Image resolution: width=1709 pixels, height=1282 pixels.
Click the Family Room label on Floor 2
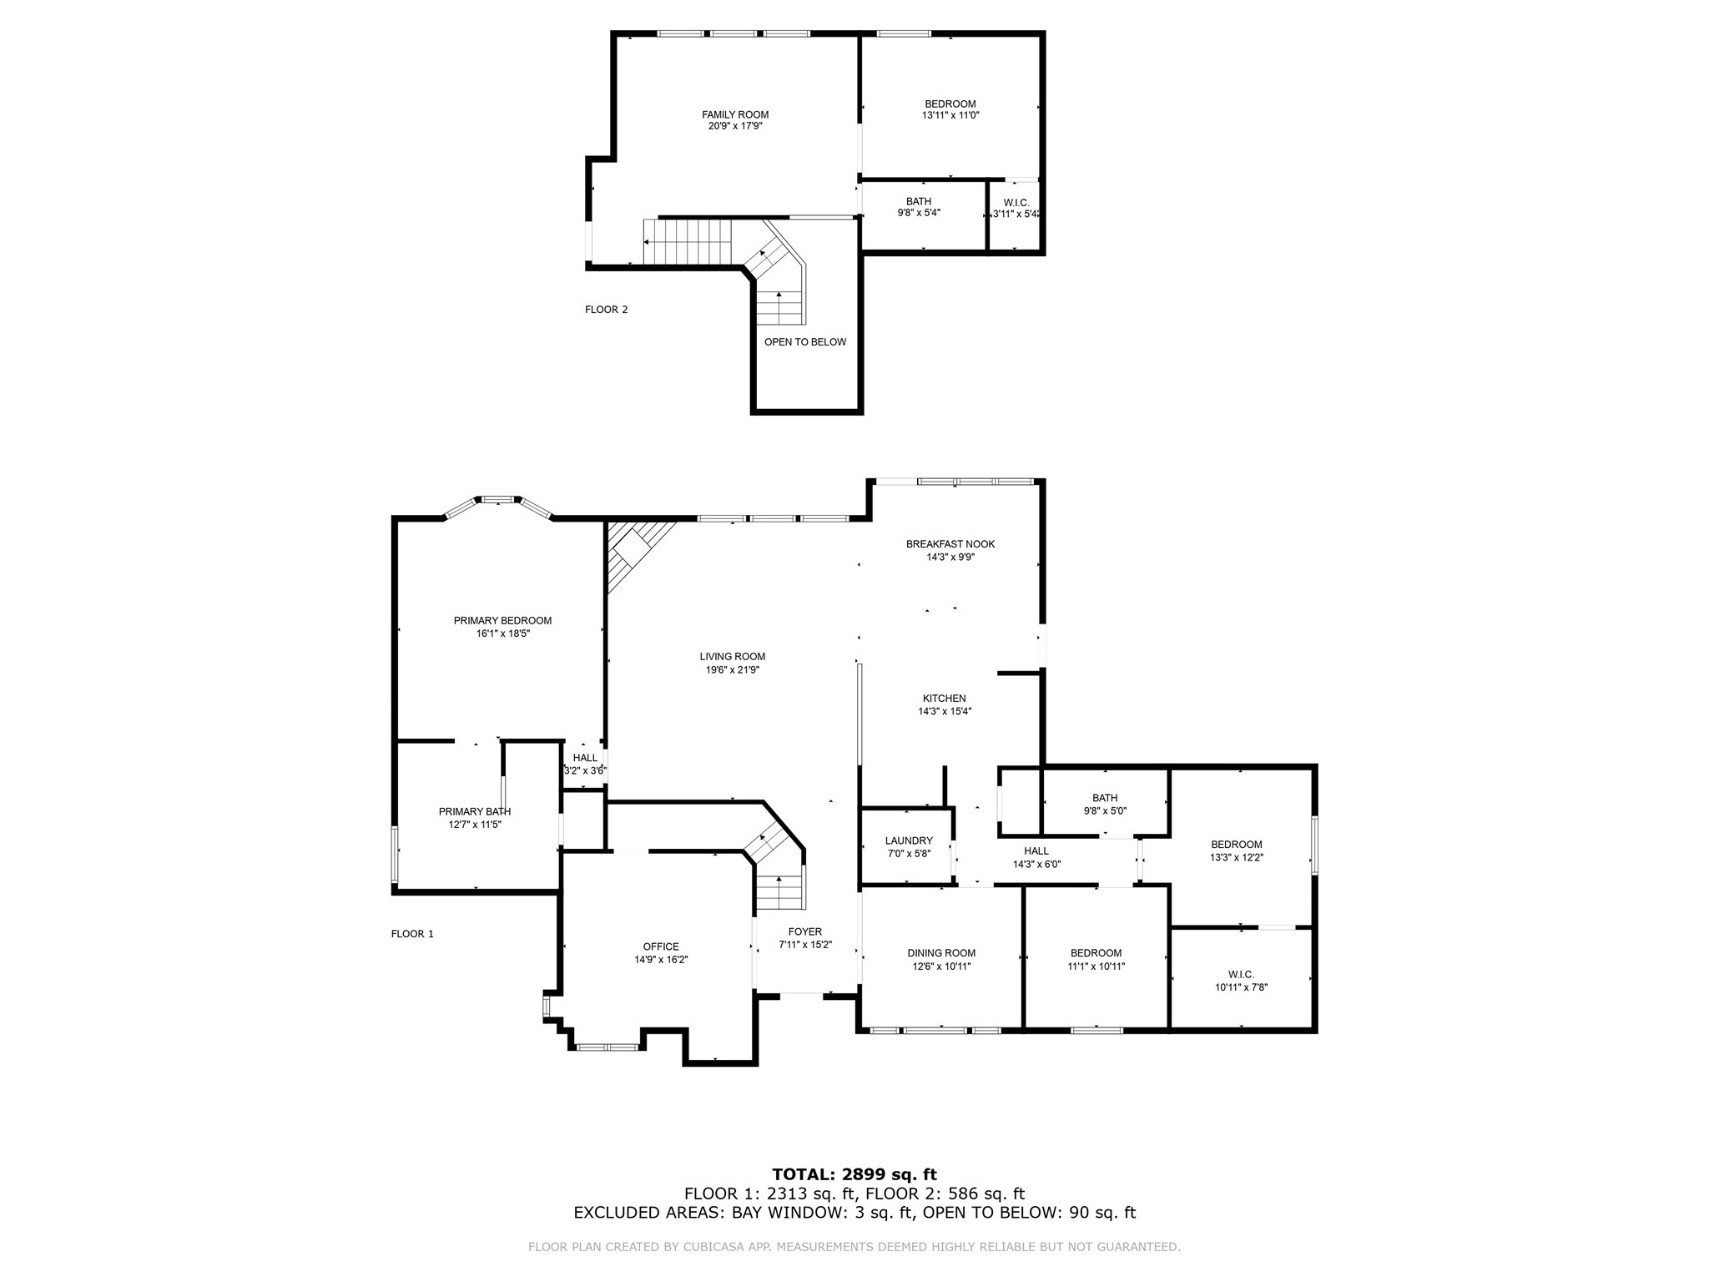734,114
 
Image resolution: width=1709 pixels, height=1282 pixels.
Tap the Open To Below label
804,341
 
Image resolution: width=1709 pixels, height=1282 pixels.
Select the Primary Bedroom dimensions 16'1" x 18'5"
502,633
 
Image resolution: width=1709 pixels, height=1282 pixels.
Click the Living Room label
732,656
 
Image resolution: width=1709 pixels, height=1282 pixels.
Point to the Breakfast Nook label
950,544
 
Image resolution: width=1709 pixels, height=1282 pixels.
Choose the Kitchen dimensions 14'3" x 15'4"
944,711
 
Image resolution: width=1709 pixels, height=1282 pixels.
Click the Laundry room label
908,840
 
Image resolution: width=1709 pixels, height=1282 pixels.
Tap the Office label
660,946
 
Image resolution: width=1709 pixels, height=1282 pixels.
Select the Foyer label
804,931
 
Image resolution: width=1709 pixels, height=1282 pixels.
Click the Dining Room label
940,953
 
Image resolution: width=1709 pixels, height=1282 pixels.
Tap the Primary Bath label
474,811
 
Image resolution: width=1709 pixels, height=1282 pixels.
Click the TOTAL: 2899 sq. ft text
854,1174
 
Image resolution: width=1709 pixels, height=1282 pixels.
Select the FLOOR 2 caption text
606,310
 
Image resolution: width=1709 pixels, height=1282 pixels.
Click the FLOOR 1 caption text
412,934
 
